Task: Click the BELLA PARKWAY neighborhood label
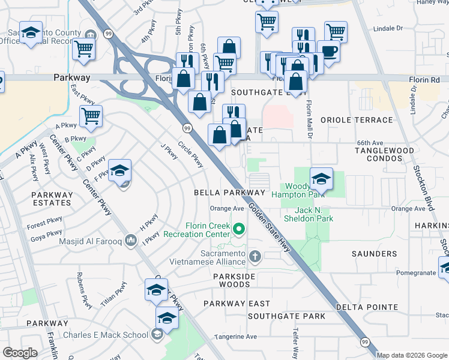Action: (x=229, y=193)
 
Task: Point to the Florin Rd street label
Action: (x=427, y=79)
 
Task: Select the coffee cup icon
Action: (x=328, y=52)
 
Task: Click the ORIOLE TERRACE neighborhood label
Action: (x=356, y=119)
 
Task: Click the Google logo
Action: (x=20, y=353)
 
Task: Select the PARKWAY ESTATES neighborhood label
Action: (x=52, y=199)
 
